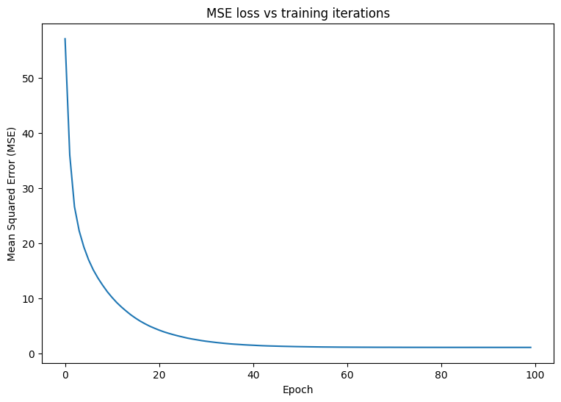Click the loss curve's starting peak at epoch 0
(x=65, y=39)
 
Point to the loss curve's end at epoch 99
(x=530, y=348)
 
